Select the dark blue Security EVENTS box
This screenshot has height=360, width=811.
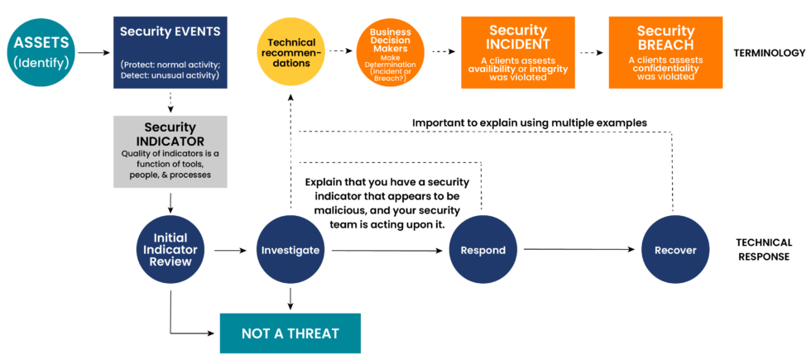[x=170, y=52]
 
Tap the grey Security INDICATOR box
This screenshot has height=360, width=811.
[x=170, y=151]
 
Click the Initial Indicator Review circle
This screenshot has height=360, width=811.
[x=170, y=249]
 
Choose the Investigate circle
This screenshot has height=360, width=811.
[x=290, y=249]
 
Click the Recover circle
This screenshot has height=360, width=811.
[x=675, y=249]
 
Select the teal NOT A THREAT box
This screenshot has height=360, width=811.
[x=290, y=334]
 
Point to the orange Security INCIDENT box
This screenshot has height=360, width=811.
[x=518, y=52]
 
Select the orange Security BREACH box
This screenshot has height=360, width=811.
[x=665, y=52]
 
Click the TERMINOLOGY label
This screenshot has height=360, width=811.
[x=769, y=53]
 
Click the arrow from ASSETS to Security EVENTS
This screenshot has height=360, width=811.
[x=94, y=53]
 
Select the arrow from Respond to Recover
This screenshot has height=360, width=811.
[x=579, y=248]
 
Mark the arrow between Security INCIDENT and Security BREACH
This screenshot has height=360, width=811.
[x=590, y=52]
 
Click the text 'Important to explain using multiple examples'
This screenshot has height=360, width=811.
[x=530, y=122]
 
